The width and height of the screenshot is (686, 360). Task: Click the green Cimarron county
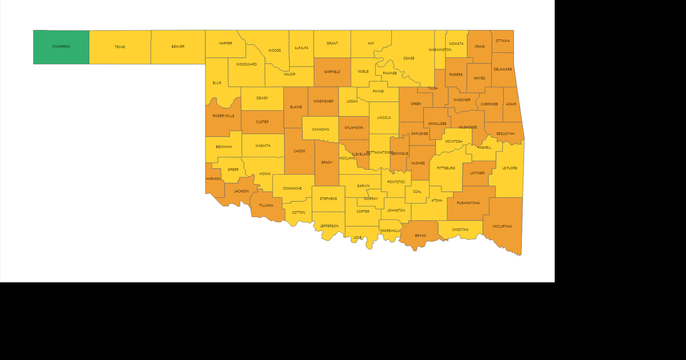pos(61,47)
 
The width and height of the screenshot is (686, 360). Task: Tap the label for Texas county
pos(120,47)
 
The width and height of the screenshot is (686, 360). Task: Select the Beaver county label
pos(178,47)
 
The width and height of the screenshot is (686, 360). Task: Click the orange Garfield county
pos(332,72)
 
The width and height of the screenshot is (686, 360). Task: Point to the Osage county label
pos(409,58)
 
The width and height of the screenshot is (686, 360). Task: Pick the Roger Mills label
pos(223,116)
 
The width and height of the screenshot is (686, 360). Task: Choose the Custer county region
pos(262,122)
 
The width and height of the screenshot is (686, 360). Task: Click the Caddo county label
pos(300,151)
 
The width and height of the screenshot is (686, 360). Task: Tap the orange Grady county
pos(326,163)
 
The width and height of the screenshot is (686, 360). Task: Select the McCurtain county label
pos(502,226)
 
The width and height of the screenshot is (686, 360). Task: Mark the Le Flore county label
pos(509,168)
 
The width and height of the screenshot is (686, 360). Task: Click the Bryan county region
pos(420,236)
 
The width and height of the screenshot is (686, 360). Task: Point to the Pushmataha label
pos(468,203)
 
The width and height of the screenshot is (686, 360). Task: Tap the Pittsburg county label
pos(446,168)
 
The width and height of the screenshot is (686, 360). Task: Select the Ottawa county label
pos(502,41)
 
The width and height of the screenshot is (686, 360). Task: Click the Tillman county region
pos(266,206)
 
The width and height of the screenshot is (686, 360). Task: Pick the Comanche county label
pos(292,189)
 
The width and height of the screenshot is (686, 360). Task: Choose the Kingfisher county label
pos(323,101)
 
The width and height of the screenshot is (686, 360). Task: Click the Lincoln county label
pos(384,118)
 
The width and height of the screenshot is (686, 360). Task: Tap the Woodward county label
pos(246,64)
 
